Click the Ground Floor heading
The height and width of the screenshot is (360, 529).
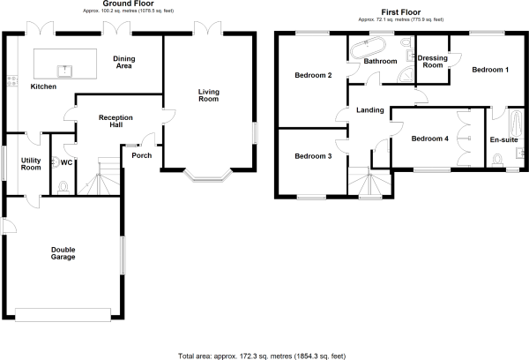point(128,4)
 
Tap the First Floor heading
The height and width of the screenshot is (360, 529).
point(401,12)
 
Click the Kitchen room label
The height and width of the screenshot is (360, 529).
point(43,86)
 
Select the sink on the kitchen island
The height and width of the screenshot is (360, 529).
point(64,71)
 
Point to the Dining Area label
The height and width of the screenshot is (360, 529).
point(124,62)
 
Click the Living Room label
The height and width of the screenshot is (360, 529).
point(208,95)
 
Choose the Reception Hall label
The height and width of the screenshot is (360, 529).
point(115,121)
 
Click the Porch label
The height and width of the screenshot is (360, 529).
point(142,155)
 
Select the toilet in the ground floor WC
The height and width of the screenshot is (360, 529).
point(63,188)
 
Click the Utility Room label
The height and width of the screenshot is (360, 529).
point(31,164)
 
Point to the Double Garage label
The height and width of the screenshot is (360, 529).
point(63,253)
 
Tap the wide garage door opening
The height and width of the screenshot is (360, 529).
point(63,314)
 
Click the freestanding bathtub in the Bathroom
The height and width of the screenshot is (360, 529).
point(366,49)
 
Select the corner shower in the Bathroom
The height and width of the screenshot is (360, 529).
point(406,75)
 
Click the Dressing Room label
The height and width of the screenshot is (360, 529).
point(433,62)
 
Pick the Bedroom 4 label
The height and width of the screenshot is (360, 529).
point(430,139)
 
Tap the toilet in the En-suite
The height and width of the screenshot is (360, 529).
point(497,160)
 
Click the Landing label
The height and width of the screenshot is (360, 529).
point(370,110)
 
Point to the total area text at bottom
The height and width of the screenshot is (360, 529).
point(262,356)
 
